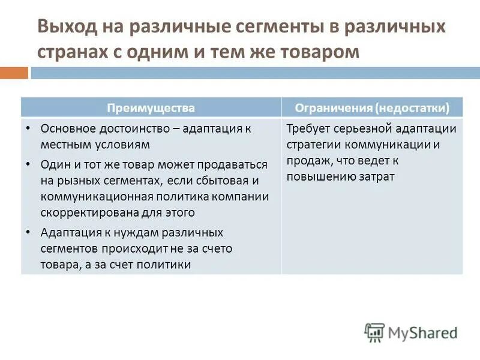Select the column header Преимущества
(x=151, y=108)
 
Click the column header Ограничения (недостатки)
(x=372, y=108)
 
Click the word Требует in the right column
(x=309, y=128)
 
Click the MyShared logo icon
(x=374, y=332)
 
